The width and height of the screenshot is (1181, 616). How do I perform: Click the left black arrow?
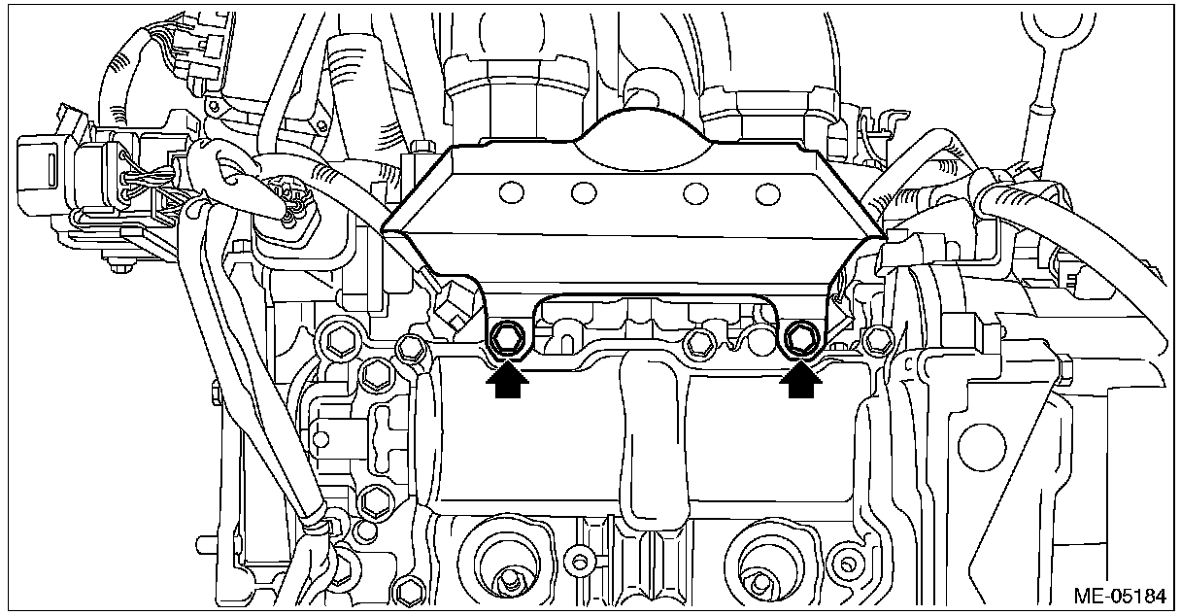(x=507, y=379)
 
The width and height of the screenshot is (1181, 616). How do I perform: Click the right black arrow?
(x=800, y=379)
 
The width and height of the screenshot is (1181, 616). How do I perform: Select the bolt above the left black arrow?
(x=507, y=338)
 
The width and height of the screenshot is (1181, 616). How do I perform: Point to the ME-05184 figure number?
(x=1121, y=597)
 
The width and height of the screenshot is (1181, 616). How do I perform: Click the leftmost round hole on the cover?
(x=511, y=192)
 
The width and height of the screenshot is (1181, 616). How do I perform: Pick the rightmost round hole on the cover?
(x=767, y=194)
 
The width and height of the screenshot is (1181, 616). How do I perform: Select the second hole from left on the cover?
(x=584, y=193)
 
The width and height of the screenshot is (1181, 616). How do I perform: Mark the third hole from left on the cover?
(x=695, y=193)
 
